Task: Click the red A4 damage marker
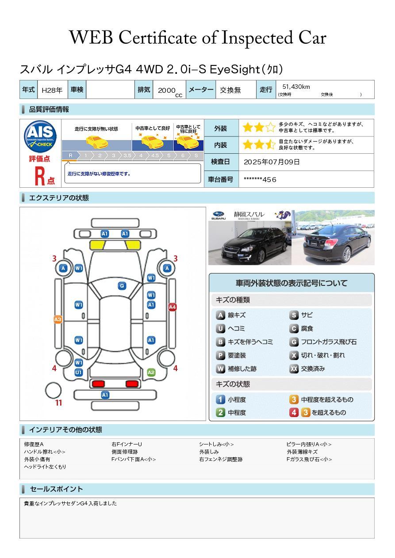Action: click(x=173, y=307)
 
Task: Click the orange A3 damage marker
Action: click(x=58, y=319)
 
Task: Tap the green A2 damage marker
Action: click(x=151, y=372)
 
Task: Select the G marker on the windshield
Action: click(x=122, y=286)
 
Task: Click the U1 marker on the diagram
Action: click(x=78, y=372)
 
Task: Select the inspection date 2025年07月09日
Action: click(x=272, y=162)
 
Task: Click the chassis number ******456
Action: click(x=260, y=179)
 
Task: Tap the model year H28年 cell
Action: click(x=52, y=90)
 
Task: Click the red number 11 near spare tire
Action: click(x=58, y=403)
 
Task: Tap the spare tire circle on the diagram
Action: click(x=54, y=390)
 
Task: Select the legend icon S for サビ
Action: click(x=294, y=315)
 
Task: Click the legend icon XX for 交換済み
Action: click(x=294, y=368)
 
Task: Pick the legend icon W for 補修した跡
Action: click(x=220, y=368)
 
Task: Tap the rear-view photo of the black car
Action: click(x=333, y=238)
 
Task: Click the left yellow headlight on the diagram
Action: click(x=98, y=244)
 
